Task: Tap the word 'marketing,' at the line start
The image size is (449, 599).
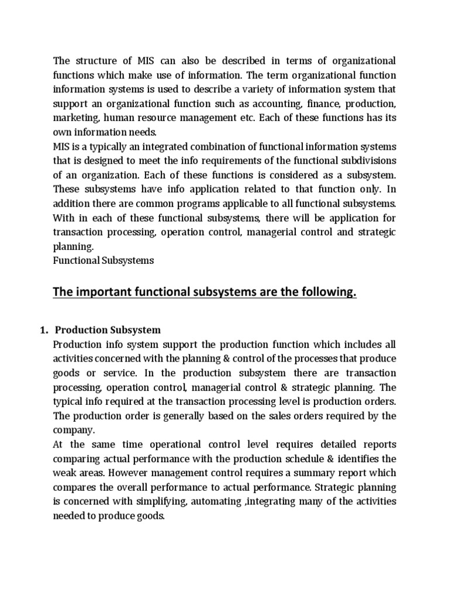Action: tap(74, 118)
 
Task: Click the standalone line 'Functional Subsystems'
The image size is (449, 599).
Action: tap(103, 260)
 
